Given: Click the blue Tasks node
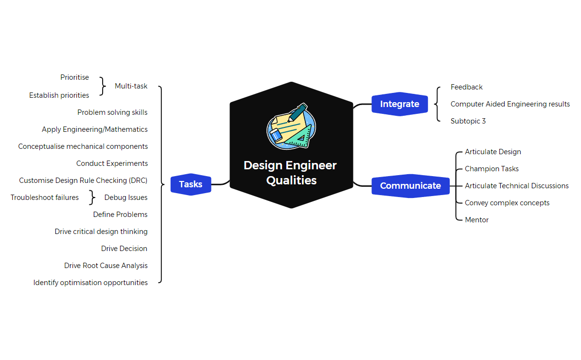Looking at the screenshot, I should point(191,184).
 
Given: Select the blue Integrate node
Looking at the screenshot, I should point(399,104).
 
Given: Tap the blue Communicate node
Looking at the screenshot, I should point(410,186).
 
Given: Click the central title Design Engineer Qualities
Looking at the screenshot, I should point(290,173).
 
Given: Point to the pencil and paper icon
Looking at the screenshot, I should point(291,126).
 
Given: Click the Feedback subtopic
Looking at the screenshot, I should point(466,87).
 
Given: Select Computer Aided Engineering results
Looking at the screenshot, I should point(510,104).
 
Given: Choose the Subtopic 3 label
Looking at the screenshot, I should point(468,121).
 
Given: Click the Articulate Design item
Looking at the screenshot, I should point(493,152).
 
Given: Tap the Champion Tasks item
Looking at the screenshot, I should point(492,169).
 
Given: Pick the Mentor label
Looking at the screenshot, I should point(476,220).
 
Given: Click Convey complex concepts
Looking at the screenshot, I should point(507,203).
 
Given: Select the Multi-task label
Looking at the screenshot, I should point(131,86).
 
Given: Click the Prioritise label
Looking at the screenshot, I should point(74,77).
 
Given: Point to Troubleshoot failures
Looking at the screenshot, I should point(45,198).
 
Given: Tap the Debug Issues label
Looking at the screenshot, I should point(125,198).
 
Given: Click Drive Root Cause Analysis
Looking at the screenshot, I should point(106,266).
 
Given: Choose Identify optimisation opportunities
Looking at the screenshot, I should point(90,283).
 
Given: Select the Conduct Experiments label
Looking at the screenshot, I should point(112,163).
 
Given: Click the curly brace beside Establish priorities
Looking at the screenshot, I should point(102,86).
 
